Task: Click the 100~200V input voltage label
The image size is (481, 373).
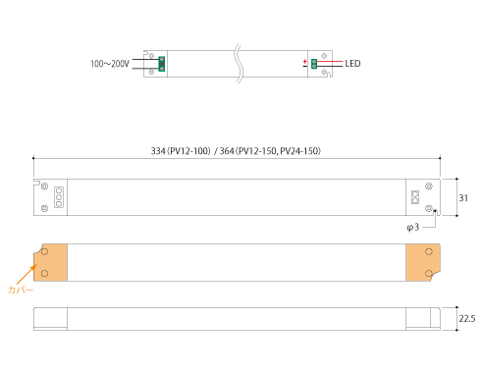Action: pyautogui.click(x=110, y=64)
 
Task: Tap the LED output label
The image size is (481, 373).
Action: pyautogui.click(x=352, y=64)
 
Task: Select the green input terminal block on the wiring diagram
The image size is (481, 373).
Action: pyautogui.click(x=161, y=64)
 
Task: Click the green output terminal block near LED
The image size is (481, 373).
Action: pyautogui.click(x=314, y=64)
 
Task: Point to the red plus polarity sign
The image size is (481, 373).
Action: pyautogui.click(x=305, y=61)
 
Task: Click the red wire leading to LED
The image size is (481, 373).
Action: pyautogui.click(x=330, y=61)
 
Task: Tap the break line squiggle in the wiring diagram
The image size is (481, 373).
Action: pyautogui.click(x=239, y=64)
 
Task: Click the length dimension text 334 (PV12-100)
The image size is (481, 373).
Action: pyautogui.click(x=181, y=151)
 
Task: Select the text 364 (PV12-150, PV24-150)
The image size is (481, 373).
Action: pyautogui.click(x=270, y=151)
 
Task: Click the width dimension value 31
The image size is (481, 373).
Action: pyautogui.click(x=463, y=198)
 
